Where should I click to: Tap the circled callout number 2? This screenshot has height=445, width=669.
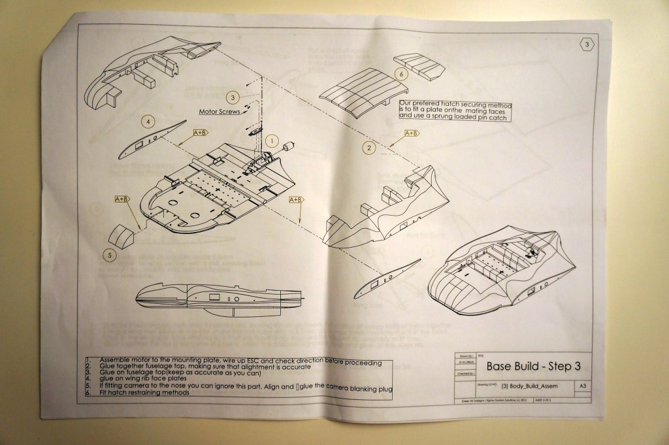pos(370,148)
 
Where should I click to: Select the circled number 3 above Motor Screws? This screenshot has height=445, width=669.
pos(233,97)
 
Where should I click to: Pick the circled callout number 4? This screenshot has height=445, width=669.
pos(149,121)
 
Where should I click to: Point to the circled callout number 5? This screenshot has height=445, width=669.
pos(110,255)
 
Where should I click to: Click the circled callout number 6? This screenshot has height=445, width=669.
pos(400,74)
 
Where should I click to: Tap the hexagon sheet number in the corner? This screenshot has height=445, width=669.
pos(587,44)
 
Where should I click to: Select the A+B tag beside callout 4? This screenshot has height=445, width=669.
pos(200,133)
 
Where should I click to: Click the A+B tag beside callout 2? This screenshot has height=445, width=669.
pos(412,133)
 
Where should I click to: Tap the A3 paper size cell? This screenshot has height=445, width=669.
pos(582,387)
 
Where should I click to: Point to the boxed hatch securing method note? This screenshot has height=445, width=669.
pos(455,111)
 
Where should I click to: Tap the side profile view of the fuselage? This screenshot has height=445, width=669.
pos(219,299)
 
